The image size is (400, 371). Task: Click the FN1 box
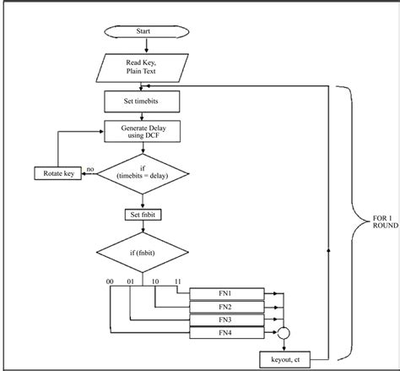224,292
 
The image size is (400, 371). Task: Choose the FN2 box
224,306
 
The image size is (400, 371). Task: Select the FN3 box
224,319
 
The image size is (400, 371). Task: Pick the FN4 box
224,333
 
